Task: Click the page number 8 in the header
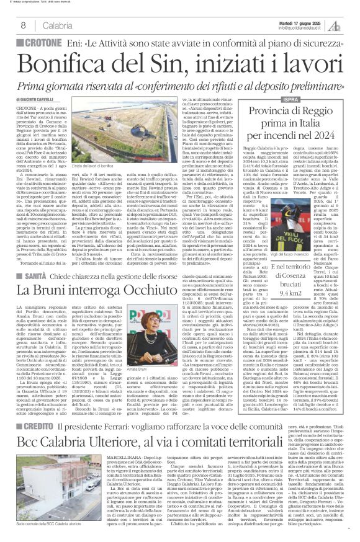tap(23, 25)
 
